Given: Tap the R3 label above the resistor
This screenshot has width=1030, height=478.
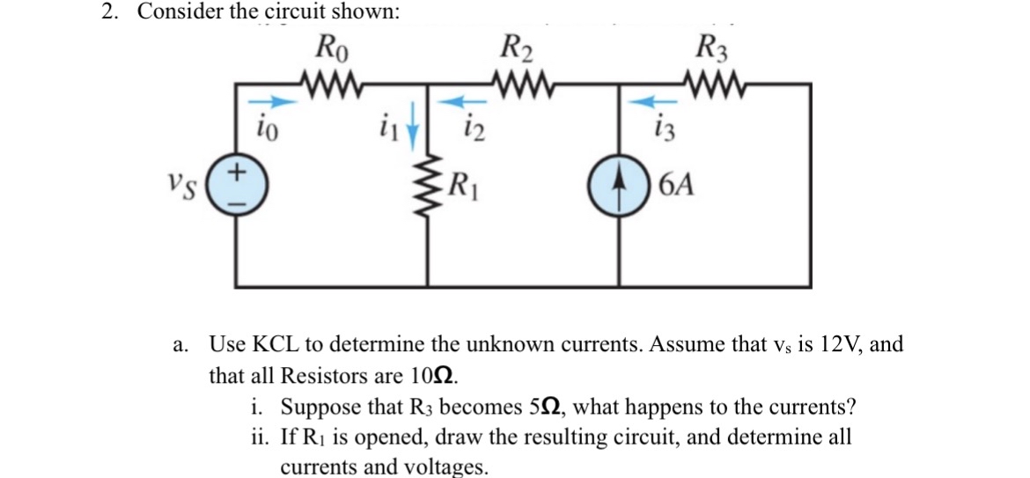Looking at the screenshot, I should [711, 45].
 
